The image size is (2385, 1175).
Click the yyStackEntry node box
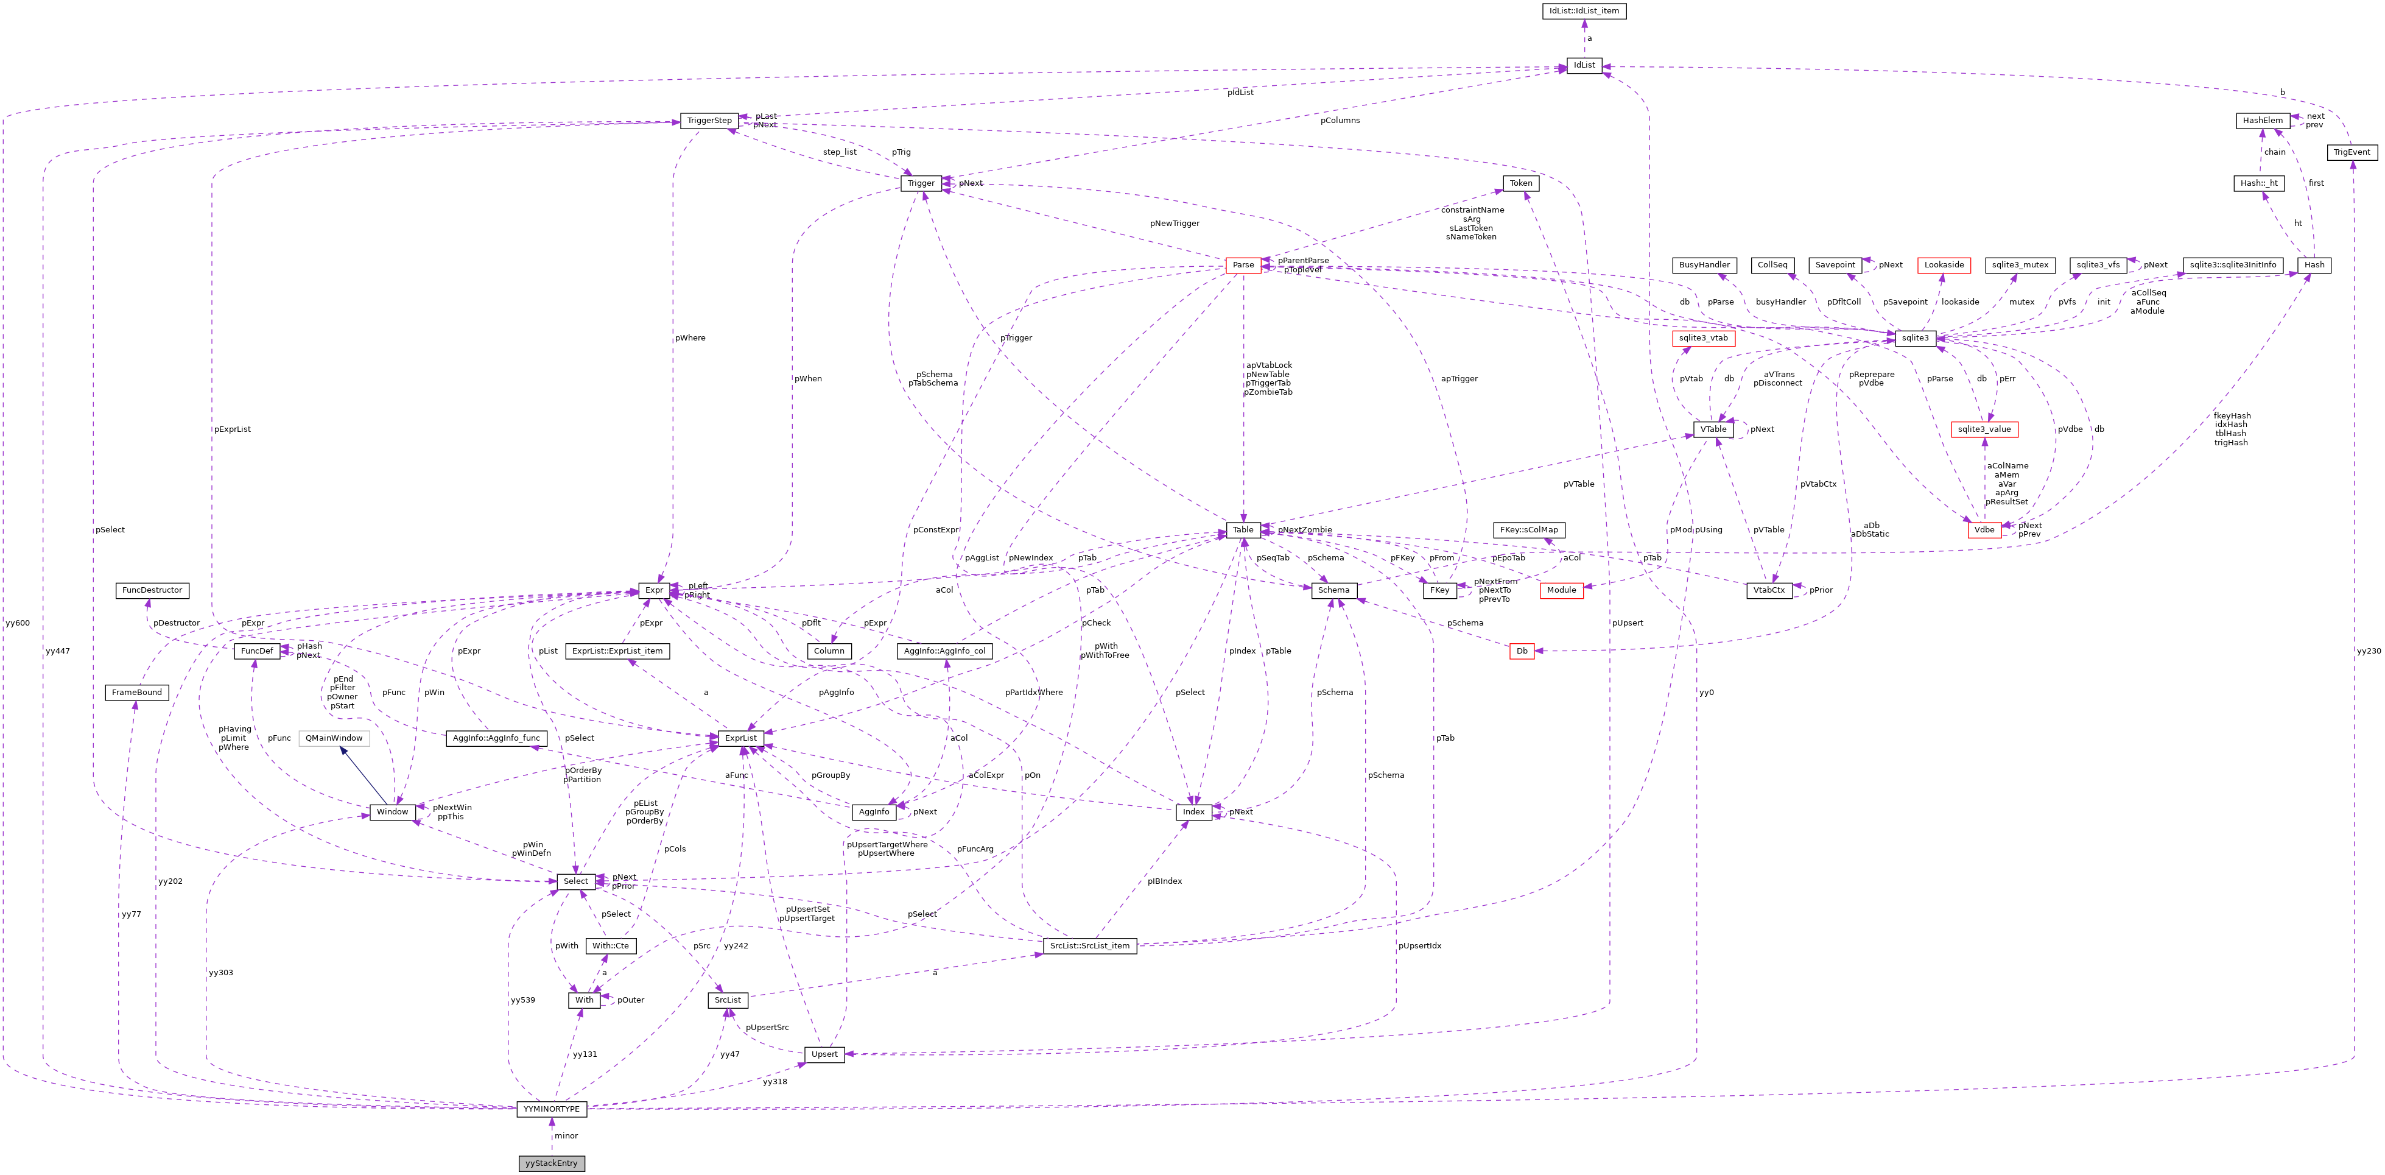click(551, 1163)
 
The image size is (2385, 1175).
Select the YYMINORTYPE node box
click(551, 1109)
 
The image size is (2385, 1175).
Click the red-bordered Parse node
click(1243, 265)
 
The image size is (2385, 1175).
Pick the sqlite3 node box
click(1915, 338)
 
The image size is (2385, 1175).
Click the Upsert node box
click(824, 1054)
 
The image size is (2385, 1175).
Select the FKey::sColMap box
click(1528, 529)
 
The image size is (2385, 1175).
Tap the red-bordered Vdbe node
click(1983, 529)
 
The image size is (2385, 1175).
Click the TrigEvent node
click(2352, 152)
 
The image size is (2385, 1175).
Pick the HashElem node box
click(2262, 121)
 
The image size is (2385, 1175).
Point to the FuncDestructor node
click(152, 590)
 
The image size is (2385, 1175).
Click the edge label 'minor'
click(566, 1136)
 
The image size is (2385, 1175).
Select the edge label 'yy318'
click(774, 1081)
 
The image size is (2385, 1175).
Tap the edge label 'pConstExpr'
click(935, 529)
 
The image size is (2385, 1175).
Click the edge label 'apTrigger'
click(1459, 379)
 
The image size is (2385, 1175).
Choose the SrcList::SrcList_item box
click(1090, 945)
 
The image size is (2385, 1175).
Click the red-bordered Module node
click(1561, 590)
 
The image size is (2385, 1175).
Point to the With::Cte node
click(610, 945)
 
